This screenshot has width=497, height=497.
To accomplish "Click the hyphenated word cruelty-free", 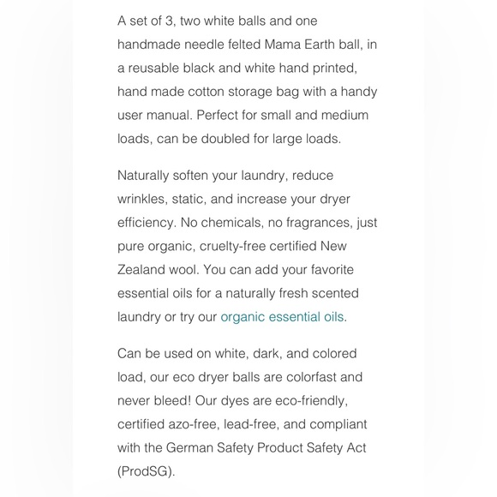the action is pyautogui.click(x=235, y=247).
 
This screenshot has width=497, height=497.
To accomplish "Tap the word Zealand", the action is pyautogui.click(x=143, y=270).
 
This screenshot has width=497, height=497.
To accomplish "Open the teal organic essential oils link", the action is pyautogui.click(x=284, y=317).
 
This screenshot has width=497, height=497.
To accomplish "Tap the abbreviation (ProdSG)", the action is pyautogui.click(x=147, y=471).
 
